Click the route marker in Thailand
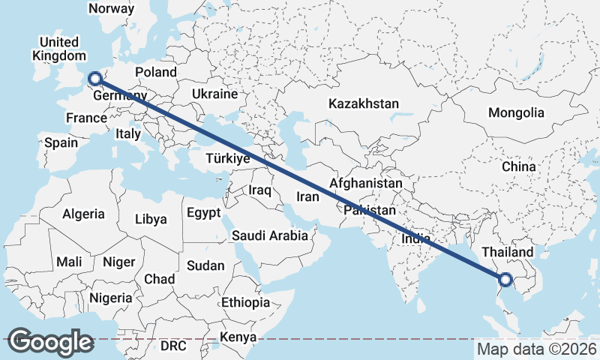(505, 280)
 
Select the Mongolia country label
(516, 113)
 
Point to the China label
(518, 166)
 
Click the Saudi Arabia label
(270, 235)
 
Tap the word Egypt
(204, 212)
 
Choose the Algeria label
(83, 214)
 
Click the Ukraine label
(214, 94)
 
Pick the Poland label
(156, 72)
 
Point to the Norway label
(111, 9)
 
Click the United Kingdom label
(58, 49)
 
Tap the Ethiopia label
(245, 302)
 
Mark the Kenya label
(238, 337)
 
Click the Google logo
(50, 342)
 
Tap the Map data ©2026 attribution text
(536, 349)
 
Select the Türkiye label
(227, 158)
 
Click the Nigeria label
(110, 297)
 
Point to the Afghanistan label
(366, 183)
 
